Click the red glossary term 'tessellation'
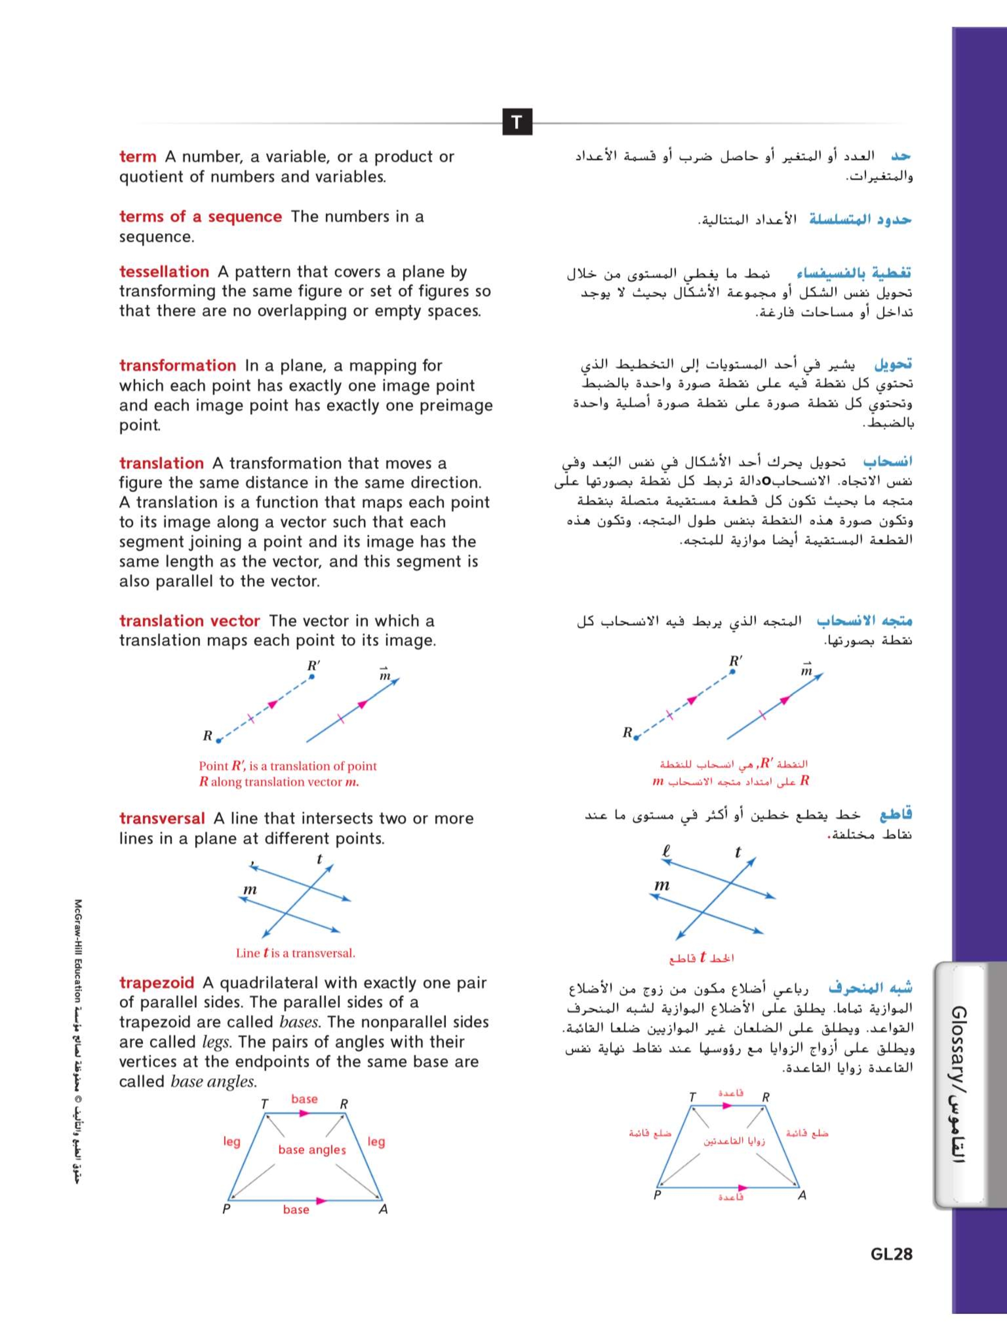[164, 272]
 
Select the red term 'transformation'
[177, 365]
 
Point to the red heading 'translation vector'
[189, 620]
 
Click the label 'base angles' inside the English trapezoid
[312, 1150]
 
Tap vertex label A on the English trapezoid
[383, 1210]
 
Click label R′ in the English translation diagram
[313, 666]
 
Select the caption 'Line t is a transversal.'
[295, 953]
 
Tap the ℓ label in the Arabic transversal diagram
[666, 851]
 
